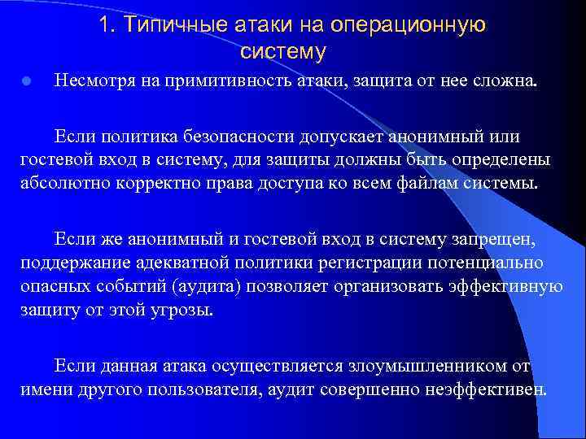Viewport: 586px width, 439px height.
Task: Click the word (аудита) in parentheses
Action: click(x=234, y=286)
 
